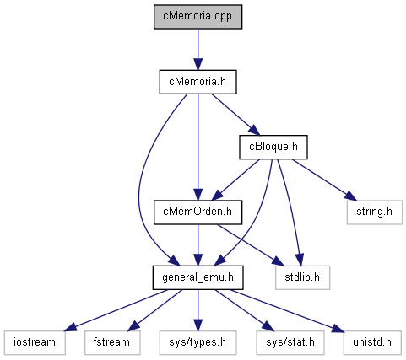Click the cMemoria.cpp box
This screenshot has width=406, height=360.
198,17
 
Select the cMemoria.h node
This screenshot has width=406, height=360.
198,82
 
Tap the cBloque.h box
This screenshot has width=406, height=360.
273,147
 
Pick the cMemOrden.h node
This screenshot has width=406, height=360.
198,212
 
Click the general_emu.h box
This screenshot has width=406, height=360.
198,277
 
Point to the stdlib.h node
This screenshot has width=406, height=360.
302,277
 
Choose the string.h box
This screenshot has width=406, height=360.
375,212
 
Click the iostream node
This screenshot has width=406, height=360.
35,342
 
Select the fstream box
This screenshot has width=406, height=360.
112,342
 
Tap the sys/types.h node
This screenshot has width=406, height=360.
198,342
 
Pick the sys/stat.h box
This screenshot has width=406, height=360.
290,342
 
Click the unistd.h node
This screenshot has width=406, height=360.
372,342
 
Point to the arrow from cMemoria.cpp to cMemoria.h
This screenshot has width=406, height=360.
198,50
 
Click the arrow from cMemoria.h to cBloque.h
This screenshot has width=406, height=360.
235,115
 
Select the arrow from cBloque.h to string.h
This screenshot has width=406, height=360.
324,180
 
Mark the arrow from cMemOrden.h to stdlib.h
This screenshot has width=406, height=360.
251,244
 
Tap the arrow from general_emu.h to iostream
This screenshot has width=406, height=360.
116,310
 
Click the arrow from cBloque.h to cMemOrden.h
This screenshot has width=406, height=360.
235,180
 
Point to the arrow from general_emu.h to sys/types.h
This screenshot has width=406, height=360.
198,310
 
